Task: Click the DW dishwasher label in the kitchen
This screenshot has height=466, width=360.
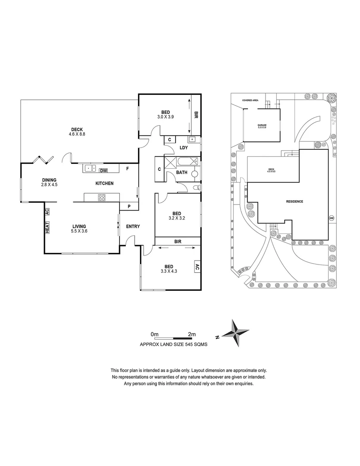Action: [x=103, y=170]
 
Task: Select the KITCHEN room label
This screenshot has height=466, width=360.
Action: [x=104, y=183]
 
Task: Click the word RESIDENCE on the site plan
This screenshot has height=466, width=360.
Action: [x=294, y=202]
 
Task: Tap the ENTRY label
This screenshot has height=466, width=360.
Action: [x=133, y=227]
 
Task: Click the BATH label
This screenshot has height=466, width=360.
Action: [x=181, y=173]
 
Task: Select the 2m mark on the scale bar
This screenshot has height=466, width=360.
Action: [x=192, y=334]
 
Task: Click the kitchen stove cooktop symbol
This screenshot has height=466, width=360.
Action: [x=103, y=198]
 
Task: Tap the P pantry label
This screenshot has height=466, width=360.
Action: [x=129, y=207]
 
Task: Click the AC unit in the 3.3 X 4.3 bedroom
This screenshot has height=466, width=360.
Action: [x=197, y=267]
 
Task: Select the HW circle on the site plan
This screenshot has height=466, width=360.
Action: [x=331, y=218]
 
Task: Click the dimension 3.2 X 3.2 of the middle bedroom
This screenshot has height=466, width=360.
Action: [x=177, y=218]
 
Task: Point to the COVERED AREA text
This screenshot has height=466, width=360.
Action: [x=250, y=100]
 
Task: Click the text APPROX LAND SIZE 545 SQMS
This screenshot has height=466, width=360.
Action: [x=171, y=344]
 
